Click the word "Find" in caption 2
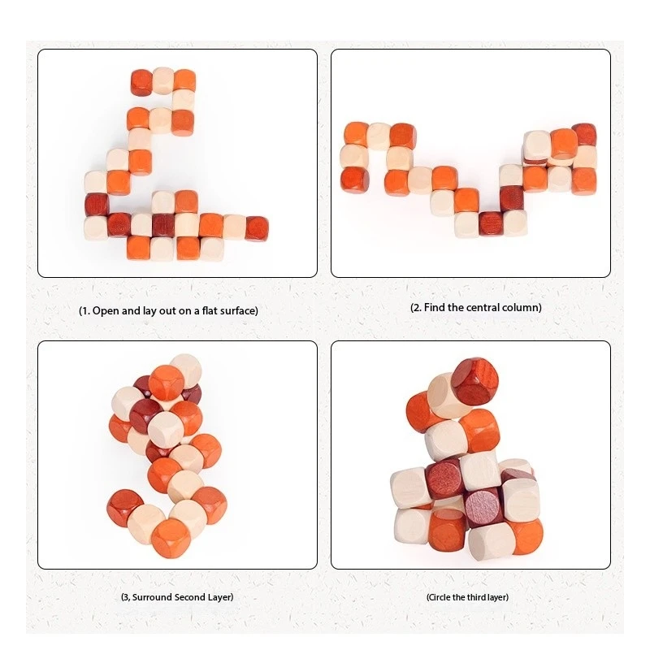coord(436,307)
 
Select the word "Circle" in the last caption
coord(444,597)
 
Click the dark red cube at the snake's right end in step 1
coord(258,226)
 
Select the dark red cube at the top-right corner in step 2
coord(583,134)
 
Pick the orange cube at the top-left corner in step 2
coord(356,134)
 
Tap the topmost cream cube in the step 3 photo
coord(186,368)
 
